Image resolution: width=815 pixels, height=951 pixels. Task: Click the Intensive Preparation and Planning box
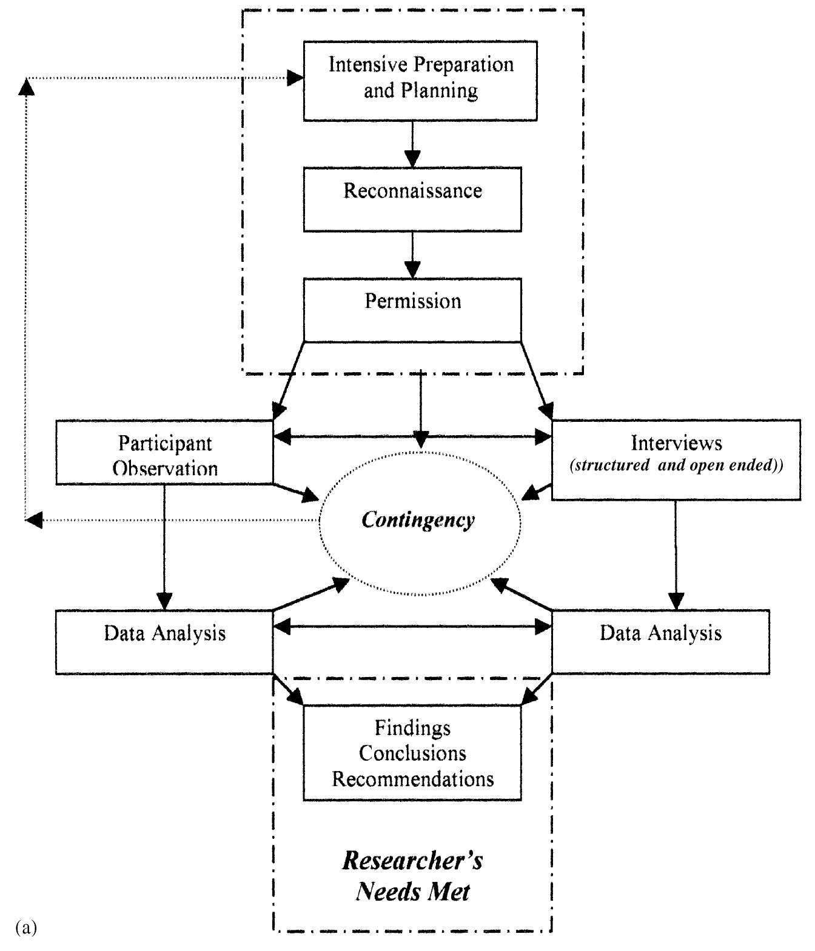tap(420, 81)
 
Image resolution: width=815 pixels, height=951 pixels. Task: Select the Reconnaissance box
tap(412, 199)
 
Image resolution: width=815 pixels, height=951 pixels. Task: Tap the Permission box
tap(412, 309)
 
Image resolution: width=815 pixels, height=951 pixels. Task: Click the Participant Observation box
tap(164, 452)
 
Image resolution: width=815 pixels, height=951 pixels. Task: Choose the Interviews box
tap(676, 459)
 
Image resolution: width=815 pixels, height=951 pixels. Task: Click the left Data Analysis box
tap(164, 642)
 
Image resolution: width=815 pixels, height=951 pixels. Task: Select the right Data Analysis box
tap(660, 642)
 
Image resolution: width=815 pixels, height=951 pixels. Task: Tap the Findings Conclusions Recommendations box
tap(412, 753)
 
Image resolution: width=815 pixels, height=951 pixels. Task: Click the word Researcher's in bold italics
tap(412, 861)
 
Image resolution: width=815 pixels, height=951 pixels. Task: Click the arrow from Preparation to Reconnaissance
tap(412, 144)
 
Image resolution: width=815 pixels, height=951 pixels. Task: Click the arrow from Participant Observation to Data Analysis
tap(164, 546)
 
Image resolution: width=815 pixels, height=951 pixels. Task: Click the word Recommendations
tap(412, 779)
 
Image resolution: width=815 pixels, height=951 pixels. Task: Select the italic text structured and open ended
tap(676, 466)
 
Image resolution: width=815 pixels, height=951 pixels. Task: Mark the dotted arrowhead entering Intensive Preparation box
tap(295, 78)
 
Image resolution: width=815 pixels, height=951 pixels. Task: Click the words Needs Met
tap(412, 892)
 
